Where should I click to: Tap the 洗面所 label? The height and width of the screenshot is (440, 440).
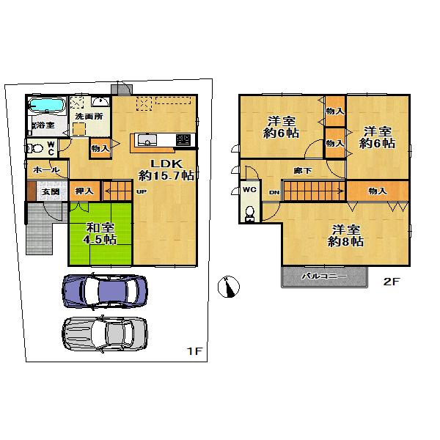(x=88, y=117)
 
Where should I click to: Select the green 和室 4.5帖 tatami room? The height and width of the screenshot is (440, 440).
(x=100, y=233)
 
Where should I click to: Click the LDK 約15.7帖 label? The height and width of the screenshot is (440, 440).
(x=166, y=169)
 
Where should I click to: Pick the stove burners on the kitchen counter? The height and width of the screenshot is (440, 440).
(x=183, y=139)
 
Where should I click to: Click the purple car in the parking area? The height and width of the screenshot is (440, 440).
(x=105, y=290)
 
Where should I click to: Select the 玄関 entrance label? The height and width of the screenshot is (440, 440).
(x=50, y=192)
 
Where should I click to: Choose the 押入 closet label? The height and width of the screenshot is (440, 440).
(x=85, y=191)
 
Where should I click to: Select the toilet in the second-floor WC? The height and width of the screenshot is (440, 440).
(x=249, y=213)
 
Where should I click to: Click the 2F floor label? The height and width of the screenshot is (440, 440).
(x=389, y=281)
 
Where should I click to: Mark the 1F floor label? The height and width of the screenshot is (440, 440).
(x=193, y=352)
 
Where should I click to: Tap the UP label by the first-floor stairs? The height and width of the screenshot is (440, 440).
(x=140, y=192)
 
